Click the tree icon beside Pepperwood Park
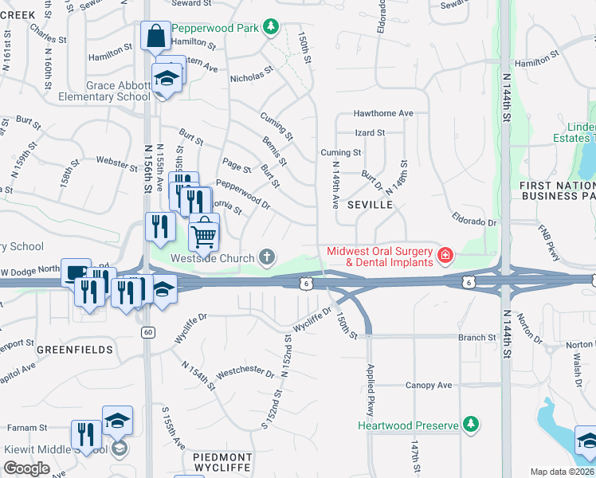tap(271, 28)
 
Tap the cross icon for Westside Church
tap(267, 257)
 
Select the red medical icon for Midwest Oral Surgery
tap(445, 256)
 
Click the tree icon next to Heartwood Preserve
tap(472, 424)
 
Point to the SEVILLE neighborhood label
tap(370, 205)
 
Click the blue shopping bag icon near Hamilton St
tap(155, 36)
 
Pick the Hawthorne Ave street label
tap(383, 113)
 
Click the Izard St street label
tap(370, 132)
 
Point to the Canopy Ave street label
tap(429, 386)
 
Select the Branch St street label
tap(477, 338)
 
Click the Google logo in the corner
tap(26, 468)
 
